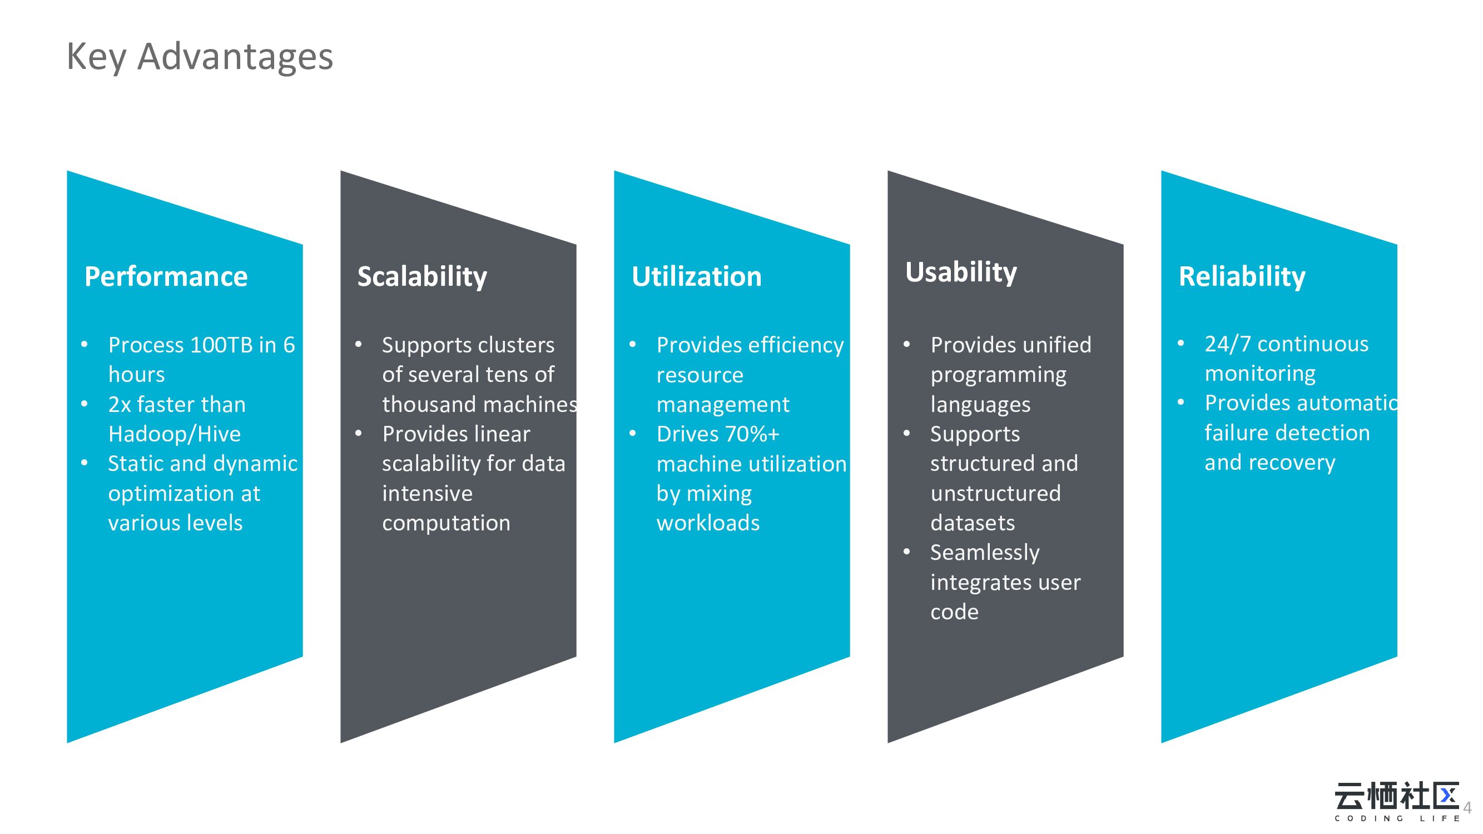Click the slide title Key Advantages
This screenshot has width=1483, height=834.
pos(200,57)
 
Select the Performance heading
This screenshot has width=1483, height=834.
pos(166,276)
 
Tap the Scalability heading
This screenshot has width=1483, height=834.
pos(422,276)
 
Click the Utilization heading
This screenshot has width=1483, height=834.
pos(696,276)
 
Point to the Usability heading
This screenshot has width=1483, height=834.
pos(961,272)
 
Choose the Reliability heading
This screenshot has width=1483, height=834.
pos(1242,276)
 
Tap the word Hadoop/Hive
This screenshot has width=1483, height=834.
pos(175,434)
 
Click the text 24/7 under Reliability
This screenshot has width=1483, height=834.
pos(1227,344)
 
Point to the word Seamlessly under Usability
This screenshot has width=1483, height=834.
pos(984,553)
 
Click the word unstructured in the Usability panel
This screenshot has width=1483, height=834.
pos(995,493)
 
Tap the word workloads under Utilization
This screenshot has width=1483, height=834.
pos(708,523)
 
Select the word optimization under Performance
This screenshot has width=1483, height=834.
pos(184,494)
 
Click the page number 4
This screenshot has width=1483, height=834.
pos(1467,807)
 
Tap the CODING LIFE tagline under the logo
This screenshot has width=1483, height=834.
pos(1397,818)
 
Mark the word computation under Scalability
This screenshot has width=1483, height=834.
pos(446,523)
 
